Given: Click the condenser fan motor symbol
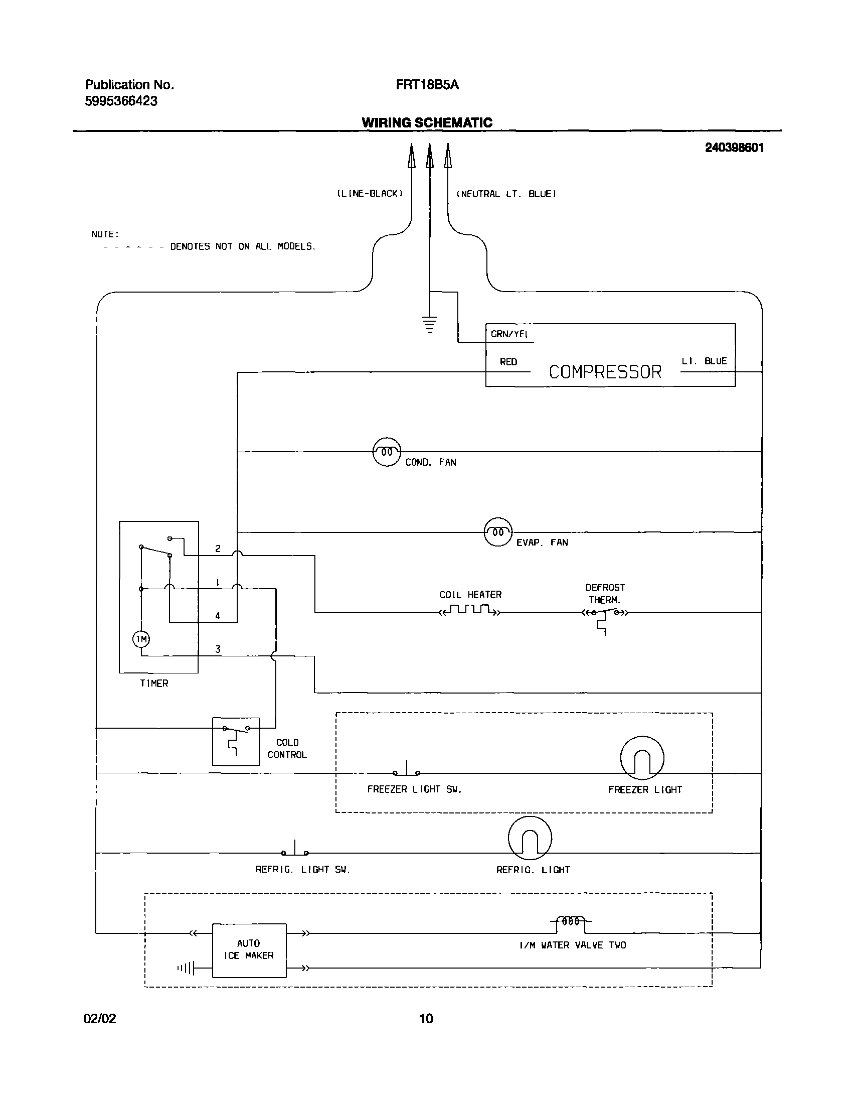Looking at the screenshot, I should pos(387,452).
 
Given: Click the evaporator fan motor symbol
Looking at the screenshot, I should pos(498,532).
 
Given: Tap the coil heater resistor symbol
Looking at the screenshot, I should pos(469,611).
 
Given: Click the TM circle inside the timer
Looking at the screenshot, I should pos(141,639).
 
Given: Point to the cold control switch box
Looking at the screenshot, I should pos(236,741).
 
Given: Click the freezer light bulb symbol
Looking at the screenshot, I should pos(642,758).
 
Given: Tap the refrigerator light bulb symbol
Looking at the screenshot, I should pos(530,838).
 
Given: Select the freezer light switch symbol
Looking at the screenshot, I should pos(406,771).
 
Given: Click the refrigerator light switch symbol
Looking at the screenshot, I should pos(295,851).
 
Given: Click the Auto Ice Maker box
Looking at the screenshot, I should pos(249,950).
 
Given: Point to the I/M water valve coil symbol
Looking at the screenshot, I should pos(571,921).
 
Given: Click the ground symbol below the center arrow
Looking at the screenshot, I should pos(429,324).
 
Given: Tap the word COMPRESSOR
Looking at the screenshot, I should pos(605,372).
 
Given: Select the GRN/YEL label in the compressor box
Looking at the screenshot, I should pos(510,334).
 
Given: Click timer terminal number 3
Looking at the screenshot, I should pos(218,649).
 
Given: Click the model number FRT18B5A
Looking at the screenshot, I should pos(427,85).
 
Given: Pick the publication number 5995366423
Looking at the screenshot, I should pos(121,101).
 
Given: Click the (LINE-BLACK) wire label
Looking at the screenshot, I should pos(370,194).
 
